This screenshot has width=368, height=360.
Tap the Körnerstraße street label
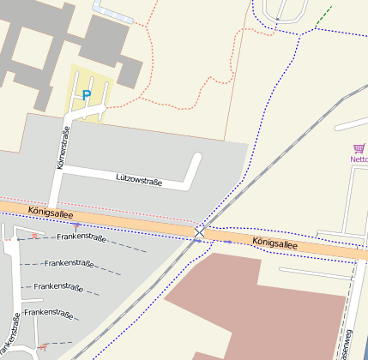(62, 148)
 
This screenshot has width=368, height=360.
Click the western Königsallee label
(50, 211)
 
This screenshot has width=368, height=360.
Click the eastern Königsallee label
(274, 243)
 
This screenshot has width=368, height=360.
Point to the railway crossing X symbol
(199, 231)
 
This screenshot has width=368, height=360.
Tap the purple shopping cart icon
(359, 148)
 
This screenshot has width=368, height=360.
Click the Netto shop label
(359, 159)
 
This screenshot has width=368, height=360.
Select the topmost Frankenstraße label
(81, 237)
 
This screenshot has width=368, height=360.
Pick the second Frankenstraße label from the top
(69, 263)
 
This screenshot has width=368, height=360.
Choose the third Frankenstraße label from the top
(57, 287)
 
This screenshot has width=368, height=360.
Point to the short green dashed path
(323, 17)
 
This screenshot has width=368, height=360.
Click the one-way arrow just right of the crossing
(229, 243)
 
